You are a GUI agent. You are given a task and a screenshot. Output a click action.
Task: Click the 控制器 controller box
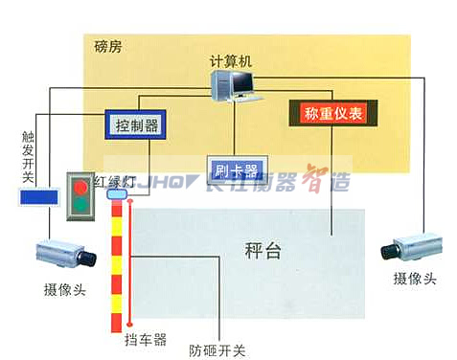click(135, 124)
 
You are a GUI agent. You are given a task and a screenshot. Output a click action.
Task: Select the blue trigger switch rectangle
click(38, 198)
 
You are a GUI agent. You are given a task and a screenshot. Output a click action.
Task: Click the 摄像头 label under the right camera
click(415, 279)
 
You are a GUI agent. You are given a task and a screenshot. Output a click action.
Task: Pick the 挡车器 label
click(146, 339)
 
